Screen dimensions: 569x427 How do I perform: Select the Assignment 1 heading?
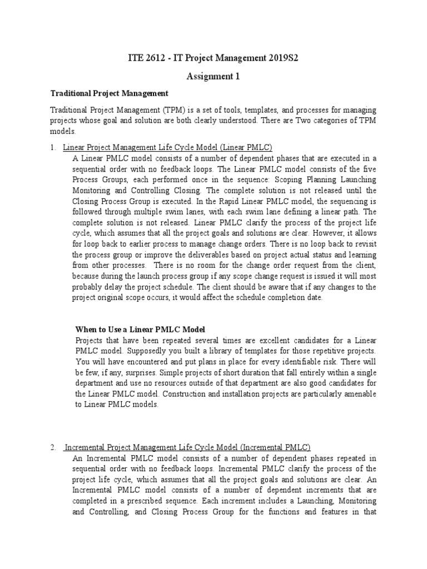(x=214, y=77)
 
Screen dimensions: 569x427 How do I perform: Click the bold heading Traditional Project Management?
(x=110, y=93)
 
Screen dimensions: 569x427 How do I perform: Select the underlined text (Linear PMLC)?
(x=245, y=147)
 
